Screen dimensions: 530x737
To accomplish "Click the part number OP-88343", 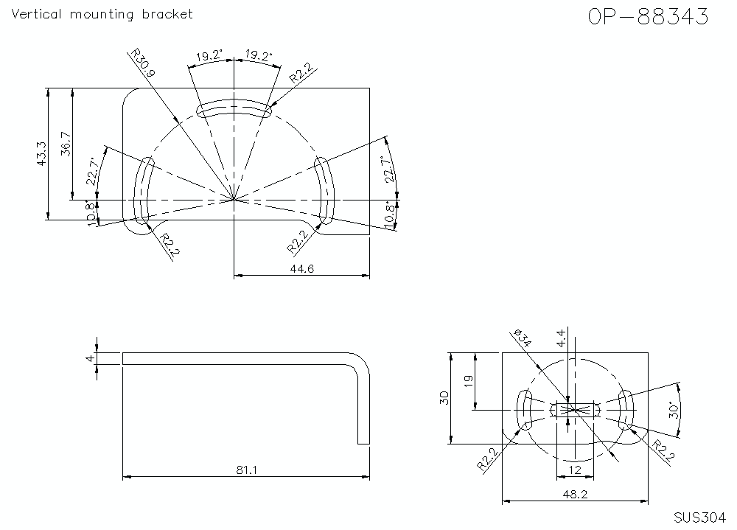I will coord(648,17).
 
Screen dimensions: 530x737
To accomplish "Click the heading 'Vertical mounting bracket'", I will coord(103,14).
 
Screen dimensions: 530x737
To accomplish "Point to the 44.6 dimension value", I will coord(301,270).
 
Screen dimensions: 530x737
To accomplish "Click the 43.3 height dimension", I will coord(42,154).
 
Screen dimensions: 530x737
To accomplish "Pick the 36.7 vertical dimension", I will coord(66,144).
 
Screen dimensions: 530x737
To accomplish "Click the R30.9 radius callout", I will coord(143,64).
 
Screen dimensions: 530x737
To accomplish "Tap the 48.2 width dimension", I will coord(574,495).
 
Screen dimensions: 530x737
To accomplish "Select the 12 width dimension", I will coord(574,470).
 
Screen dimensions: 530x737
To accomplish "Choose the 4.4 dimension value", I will coord(562,339).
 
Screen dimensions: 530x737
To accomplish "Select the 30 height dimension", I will coord(444,398).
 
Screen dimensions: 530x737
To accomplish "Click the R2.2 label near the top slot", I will coord(301,72).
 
